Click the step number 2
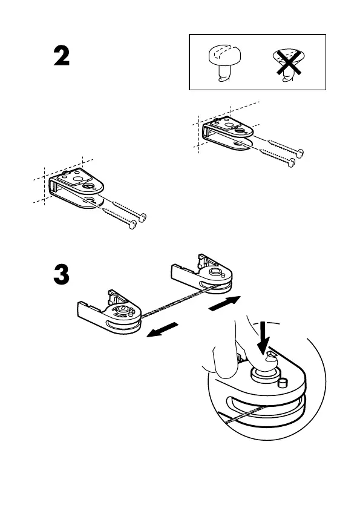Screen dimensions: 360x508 62,56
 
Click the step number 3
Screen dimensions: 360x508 62,275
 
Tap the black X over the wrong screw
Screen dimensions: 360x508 289,62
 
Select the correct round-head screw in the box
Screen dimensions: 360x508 224,63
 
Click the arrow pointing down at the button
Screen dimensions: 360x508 264,338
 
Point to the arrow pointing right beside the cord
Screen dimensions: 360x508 224,304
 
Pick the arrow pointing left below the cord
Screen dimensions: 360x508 162,330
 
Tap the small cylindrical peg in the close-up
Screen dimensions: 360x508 283,382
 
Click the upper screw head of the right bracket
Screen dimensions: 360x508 301,153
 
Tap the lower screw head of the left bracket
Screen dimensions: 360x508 133,224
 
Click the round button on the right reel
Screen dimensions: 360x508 214,271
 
